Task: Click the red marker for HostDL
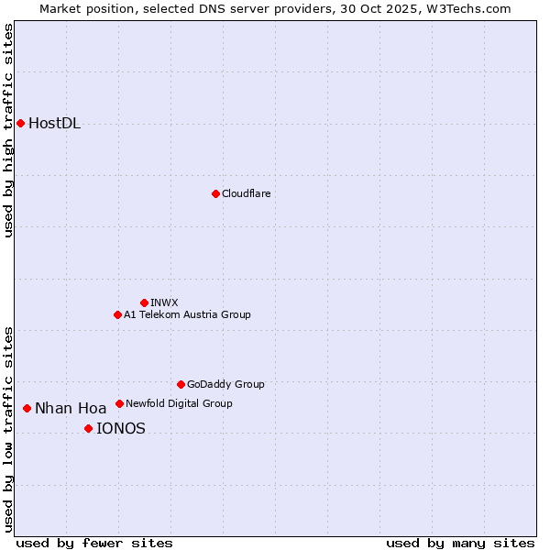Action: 20,123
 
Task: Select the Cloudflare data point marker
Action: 215,193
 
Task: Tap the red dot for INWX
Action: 144,302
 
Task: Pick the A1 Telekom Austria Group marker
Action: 117,314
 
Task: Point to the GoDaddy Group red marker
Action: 181,384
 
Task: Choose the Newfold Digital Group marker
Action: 119,403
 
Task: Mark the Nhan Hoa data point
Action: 27,408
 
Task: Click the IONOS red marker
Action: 88,428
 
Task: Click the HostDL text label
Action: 54,124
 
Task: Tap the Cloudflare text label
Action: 246,193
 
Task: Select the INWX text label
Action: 164,302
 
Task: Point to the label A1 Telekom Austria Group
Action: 187,314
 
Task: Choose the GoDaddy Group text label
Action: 225,384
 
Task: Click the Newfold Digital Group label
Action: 179,403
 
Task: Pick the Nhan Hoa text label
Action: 71,409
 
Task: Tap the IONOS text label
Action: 120,428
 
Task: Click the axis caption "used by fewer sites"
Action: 94,543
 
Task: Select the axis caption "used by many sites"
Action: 460,543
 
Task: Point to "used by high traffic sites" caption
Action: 8,130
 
